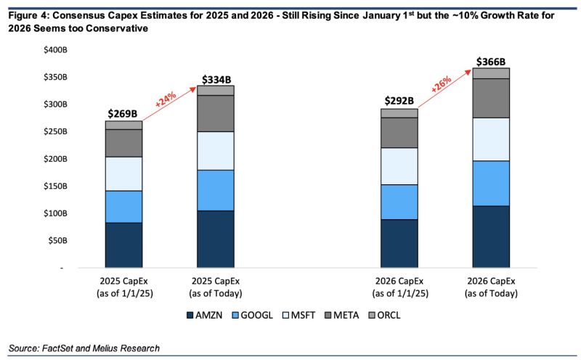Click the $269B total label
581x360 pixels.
tap(123, 113)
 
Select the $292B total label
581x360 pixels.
tap(399, 101)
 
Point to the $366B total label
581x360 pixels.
tap(491, 62)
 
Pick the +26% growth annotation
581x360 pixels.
tap(442, 84)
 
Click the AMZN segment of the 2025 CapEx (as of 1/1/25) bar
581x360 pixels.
tap(123, 245)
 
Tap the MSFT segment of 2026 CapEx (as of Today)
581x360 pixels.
tap(491, 139)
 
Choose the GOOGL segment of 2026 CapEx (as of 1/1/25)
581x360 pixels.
tap(399, 202)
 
